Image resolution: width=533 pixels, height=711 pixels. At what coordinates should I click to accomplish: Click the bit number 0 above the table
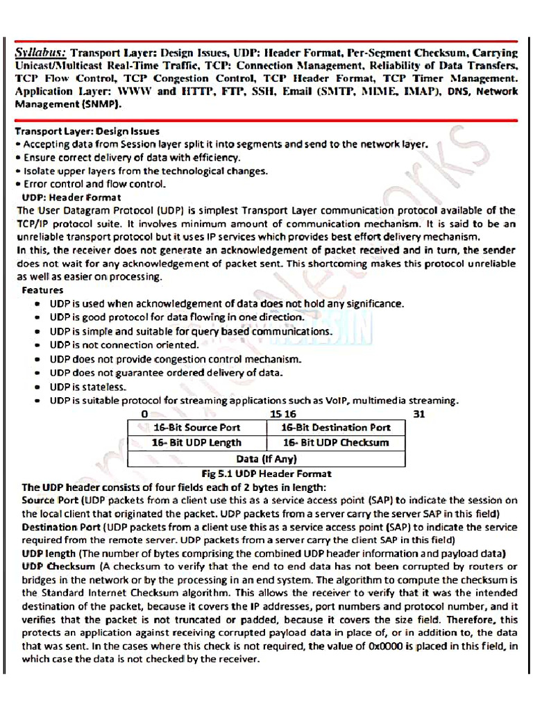(144, 414)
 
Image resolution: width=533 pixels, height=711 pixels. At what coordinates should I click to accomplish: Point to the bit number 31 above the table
(418, 414)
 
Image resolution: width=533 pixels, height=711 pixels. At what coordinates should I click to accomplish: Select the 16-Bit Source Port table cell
(196, 428)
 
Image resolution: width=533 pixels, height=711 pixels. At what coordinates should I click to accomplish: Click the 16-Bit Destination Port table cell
(336, 428)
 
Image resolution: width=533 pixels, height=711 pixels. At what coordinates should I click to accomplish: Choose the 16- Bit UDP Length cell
(196, 443)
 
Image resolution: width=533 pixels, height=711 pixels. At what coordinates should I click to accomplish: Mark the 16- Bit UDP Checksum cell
(336, 443)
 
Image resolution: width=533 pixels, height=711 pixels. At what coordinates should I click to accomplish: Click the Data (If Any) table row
(266, 459)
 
